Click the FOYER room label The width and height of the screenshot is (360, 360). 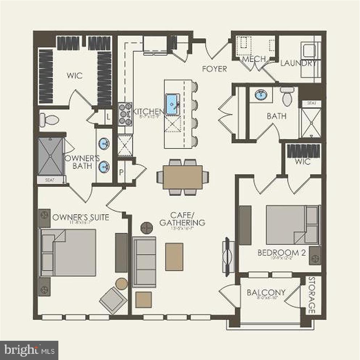pos(214,69)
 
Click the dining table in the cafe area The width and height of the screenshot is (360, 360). pos(183,177)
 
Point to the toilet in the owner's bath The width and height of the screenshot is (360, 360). pos(49,120)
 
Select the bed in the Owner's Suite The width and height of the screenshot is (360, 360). pos(69,252)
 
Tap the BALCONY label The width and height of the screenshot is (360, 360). pos(266,293)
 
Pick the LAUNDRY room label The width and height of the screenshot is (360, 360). pos(298,63)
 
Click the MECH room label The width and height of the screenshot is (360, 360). pos(254,59)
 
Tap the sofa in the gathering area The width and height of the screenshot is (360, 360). pos(144,261)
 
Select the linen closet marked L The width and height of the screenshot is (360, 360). pos(108,117)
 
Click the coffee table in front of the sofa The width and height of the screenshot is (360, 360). pos(174,257)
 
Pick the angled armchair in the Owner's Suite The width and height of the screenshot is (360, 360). pos(113,300)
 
